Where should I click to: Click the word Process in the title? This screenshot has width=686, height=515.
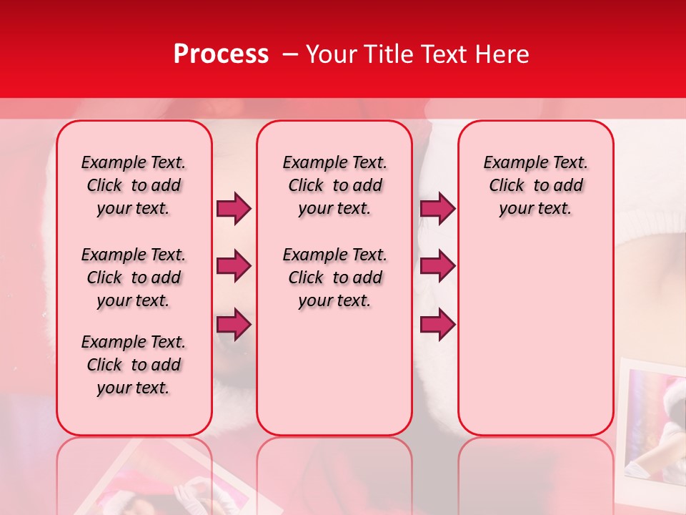(221, 54)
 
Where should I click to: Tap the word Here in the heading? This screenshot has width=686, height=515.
(502, 54)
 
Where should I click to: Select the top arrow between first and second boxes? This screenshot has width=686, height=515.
(234, 208)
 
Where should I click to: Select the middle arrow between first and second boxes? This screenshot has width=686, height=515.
(234, 267)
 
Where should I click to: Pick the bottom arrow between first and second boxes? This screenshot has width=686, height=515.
(234, 325)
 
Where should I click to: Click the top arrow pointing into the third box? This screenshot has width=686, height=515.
(437, 208)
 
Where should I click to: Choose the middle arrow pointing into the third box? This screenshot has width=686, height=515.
(437, 267)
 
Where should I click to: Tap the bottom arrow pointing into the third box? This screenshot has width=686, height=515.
(437, 325)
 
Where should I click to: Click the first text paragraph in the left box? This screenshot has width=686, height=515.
(134, 185)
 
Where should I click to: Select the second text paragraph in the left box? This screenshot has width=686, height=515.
(134, 278)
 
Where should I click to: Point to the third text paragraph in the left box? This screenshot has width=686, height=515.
(134, 365)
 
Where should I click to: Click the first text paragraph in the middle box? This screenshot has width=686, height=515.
(334, 185)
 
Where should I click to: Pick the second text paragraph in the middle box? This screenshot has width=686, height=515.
(334, 278)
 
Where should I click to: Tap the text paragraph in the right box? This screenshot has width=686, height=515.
(535, 185)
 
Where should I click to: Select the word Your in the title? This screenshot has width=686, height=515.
(332, 54)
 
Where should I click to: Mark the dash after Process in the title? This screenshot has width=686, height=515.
(289, 54)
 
